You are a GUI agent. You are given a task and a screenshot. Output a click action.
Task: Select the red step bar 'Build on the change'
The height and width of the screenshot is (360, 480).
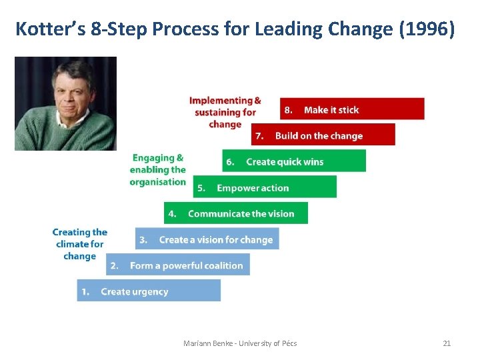(x=323, y=135)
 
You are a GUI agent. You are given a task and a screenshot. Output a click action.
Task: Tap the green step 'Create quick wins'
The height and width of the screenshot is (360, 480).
(x=294, y=161)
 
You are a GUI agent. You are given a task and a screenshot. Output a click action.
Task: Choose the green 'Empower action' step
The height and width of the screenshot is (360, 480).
(x=265, y=187)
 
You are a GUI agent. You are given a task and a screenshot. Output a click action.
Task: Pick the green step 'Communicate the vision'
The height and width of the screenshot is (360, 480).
(x=236, y=213)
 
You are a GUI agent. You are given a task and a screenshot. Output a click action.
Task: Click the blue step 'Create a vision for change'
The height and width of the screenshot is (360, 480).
(x=207, y=239)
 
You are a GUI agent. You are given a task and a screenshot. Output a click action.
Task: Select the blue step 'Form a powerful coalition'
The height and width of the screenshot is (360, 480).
(x=178, y=265)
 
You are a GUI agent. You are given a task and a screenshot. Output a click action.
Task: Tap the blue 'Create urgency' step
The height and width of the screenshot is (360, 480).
(x=149, y=291)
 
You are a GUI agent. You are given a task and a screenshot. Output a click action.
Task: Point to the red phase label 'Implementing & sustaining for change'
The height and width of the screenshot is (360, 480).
(x=225, y=112)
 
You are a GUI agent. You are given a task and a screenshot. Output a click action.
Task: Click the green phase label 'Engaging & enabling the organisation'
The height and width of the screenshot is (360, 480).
(x=158, y=170)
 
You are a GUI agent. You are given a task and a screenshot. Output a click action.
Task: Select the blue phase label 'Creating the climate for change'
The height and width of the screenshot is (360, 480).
(x=80, y=244)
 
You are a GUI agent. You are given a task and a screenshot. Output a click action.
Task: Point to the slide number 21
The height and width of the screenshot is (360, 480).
(x=447, y=343)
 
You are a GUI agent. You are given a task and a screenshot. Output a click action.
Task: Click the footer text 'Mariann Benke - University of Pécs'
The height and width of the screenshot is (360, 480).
(x=240, y=343)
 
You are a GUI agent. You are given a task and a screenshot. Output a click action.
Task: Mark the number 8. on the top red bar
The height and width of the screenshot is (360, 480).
(x=287, y=109)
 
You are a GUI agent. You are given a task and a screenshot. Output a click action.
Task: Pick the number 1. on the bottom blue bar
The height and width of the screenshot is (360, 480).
(x=85, y=291)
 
